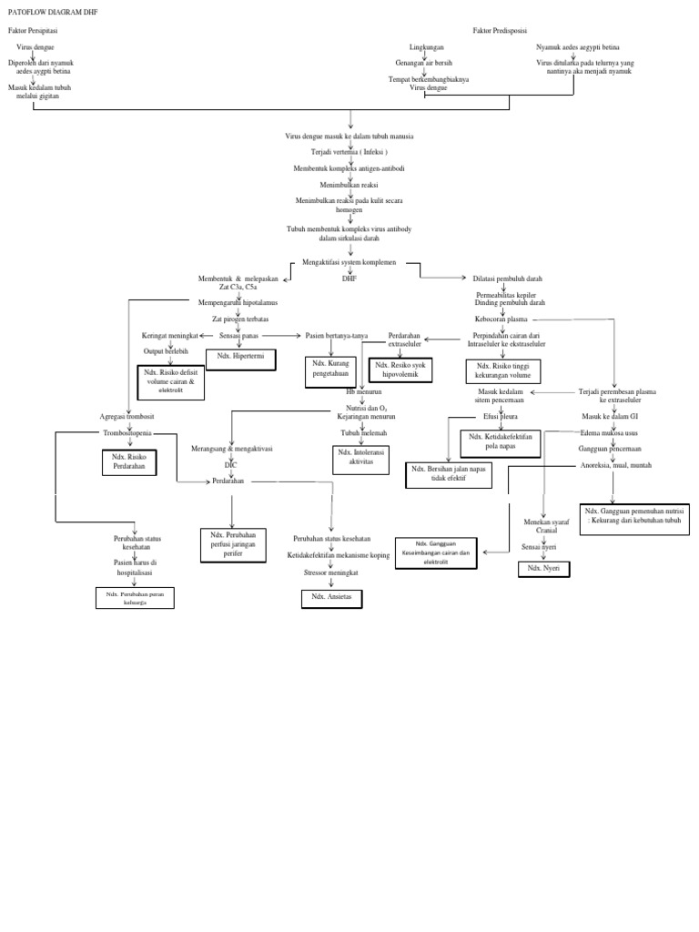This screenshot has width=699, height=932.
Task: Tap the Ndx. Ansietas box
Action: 331,597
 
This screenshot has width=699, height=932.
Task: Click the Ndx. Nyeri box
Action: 544,569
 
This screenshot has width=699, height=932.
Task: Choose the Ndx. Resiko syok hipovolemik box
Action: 400,370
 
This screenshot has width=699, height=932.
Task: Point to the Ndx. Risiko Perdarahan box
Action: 128,461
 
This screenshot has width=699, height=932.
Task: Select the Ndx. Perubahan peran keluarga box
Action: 134,598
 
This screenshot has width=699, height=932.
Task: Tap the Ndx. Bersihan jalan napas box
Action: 447,475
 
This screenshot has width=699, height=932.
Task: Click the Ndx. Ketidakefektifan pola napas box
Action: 501,442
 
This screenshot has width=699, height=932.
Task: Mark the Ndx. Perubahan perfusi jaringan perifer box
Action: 233,543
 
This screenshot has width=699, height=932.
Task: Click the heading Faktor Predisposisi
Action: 500,30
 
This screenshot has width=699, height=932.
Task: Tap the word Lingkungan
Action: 428,46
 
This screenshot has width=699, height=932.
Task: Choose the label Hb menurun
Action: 363,390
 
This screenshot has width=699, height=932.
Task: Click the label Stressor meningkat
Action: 331,573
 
